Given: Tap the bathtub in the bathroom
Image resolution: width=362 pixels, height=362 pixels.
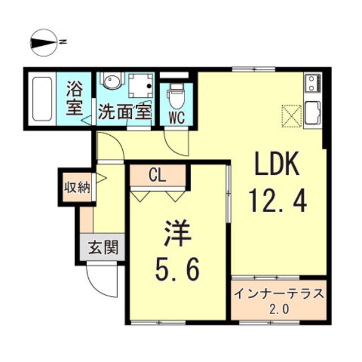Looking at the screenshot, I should click(x=42, y=100).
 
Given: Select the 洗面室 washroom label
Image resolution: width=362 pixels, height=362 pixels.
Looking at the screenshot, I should click(x=125, y=111).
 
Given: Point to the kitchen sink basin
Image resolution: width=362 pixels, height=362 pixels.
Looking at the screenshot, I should click(x=313, y=109).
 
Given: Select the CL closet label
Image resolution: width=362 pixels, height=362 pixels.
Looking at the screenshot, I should click(x=157, y=176).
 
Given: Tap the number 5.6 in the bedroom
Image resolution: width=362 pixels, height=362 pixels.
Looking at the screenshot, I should click(x=177, y=272).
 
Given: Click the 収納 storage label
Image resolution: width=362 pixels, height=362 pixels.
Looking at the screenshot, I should click(x=76, y=188).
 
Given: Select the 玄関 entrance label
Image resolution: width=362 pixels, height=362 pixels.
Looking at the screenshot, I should click(x=103, y=247).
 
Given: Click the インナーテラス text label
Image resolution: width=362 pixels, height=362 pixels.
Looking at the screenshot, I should click(x=279, y=295).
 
